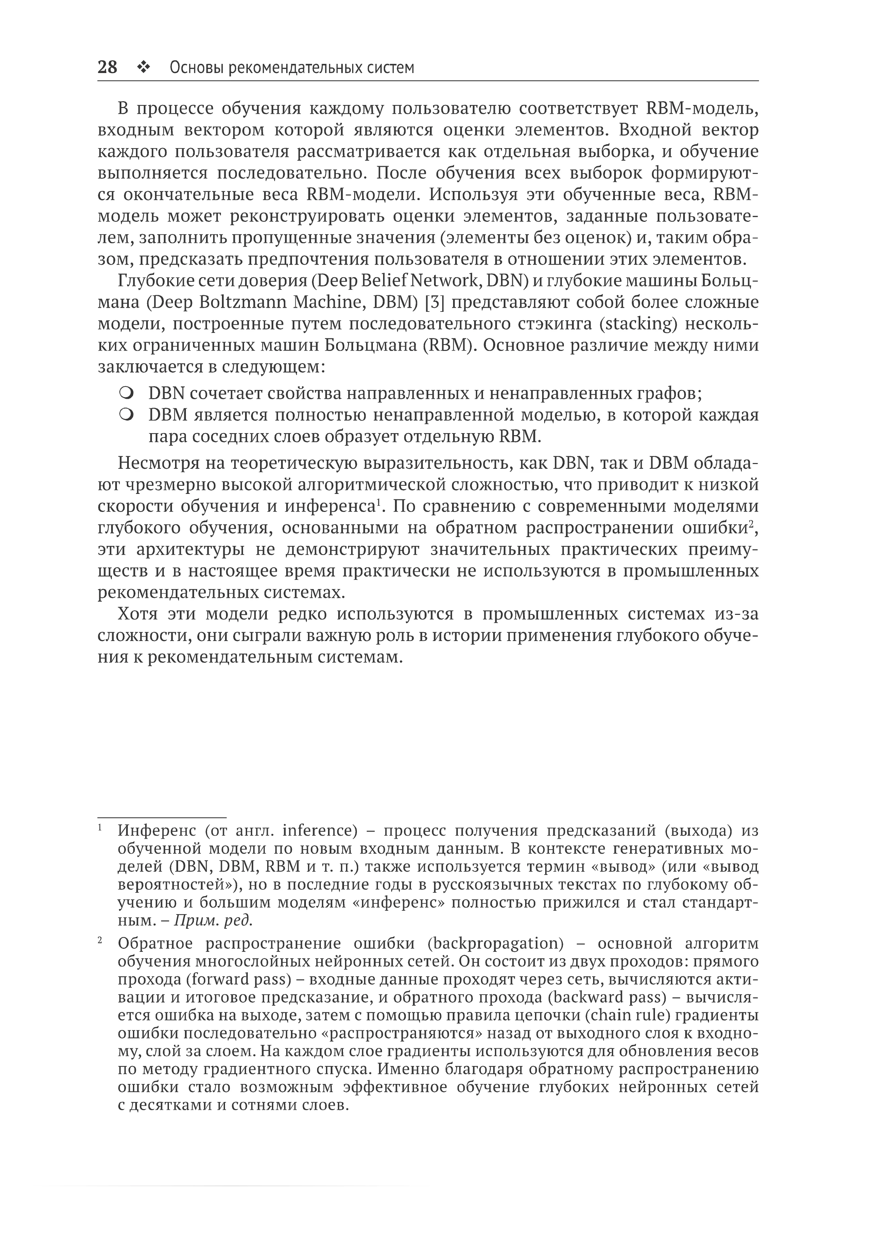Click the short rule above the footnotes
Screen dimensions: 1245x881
pos(162,817)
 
